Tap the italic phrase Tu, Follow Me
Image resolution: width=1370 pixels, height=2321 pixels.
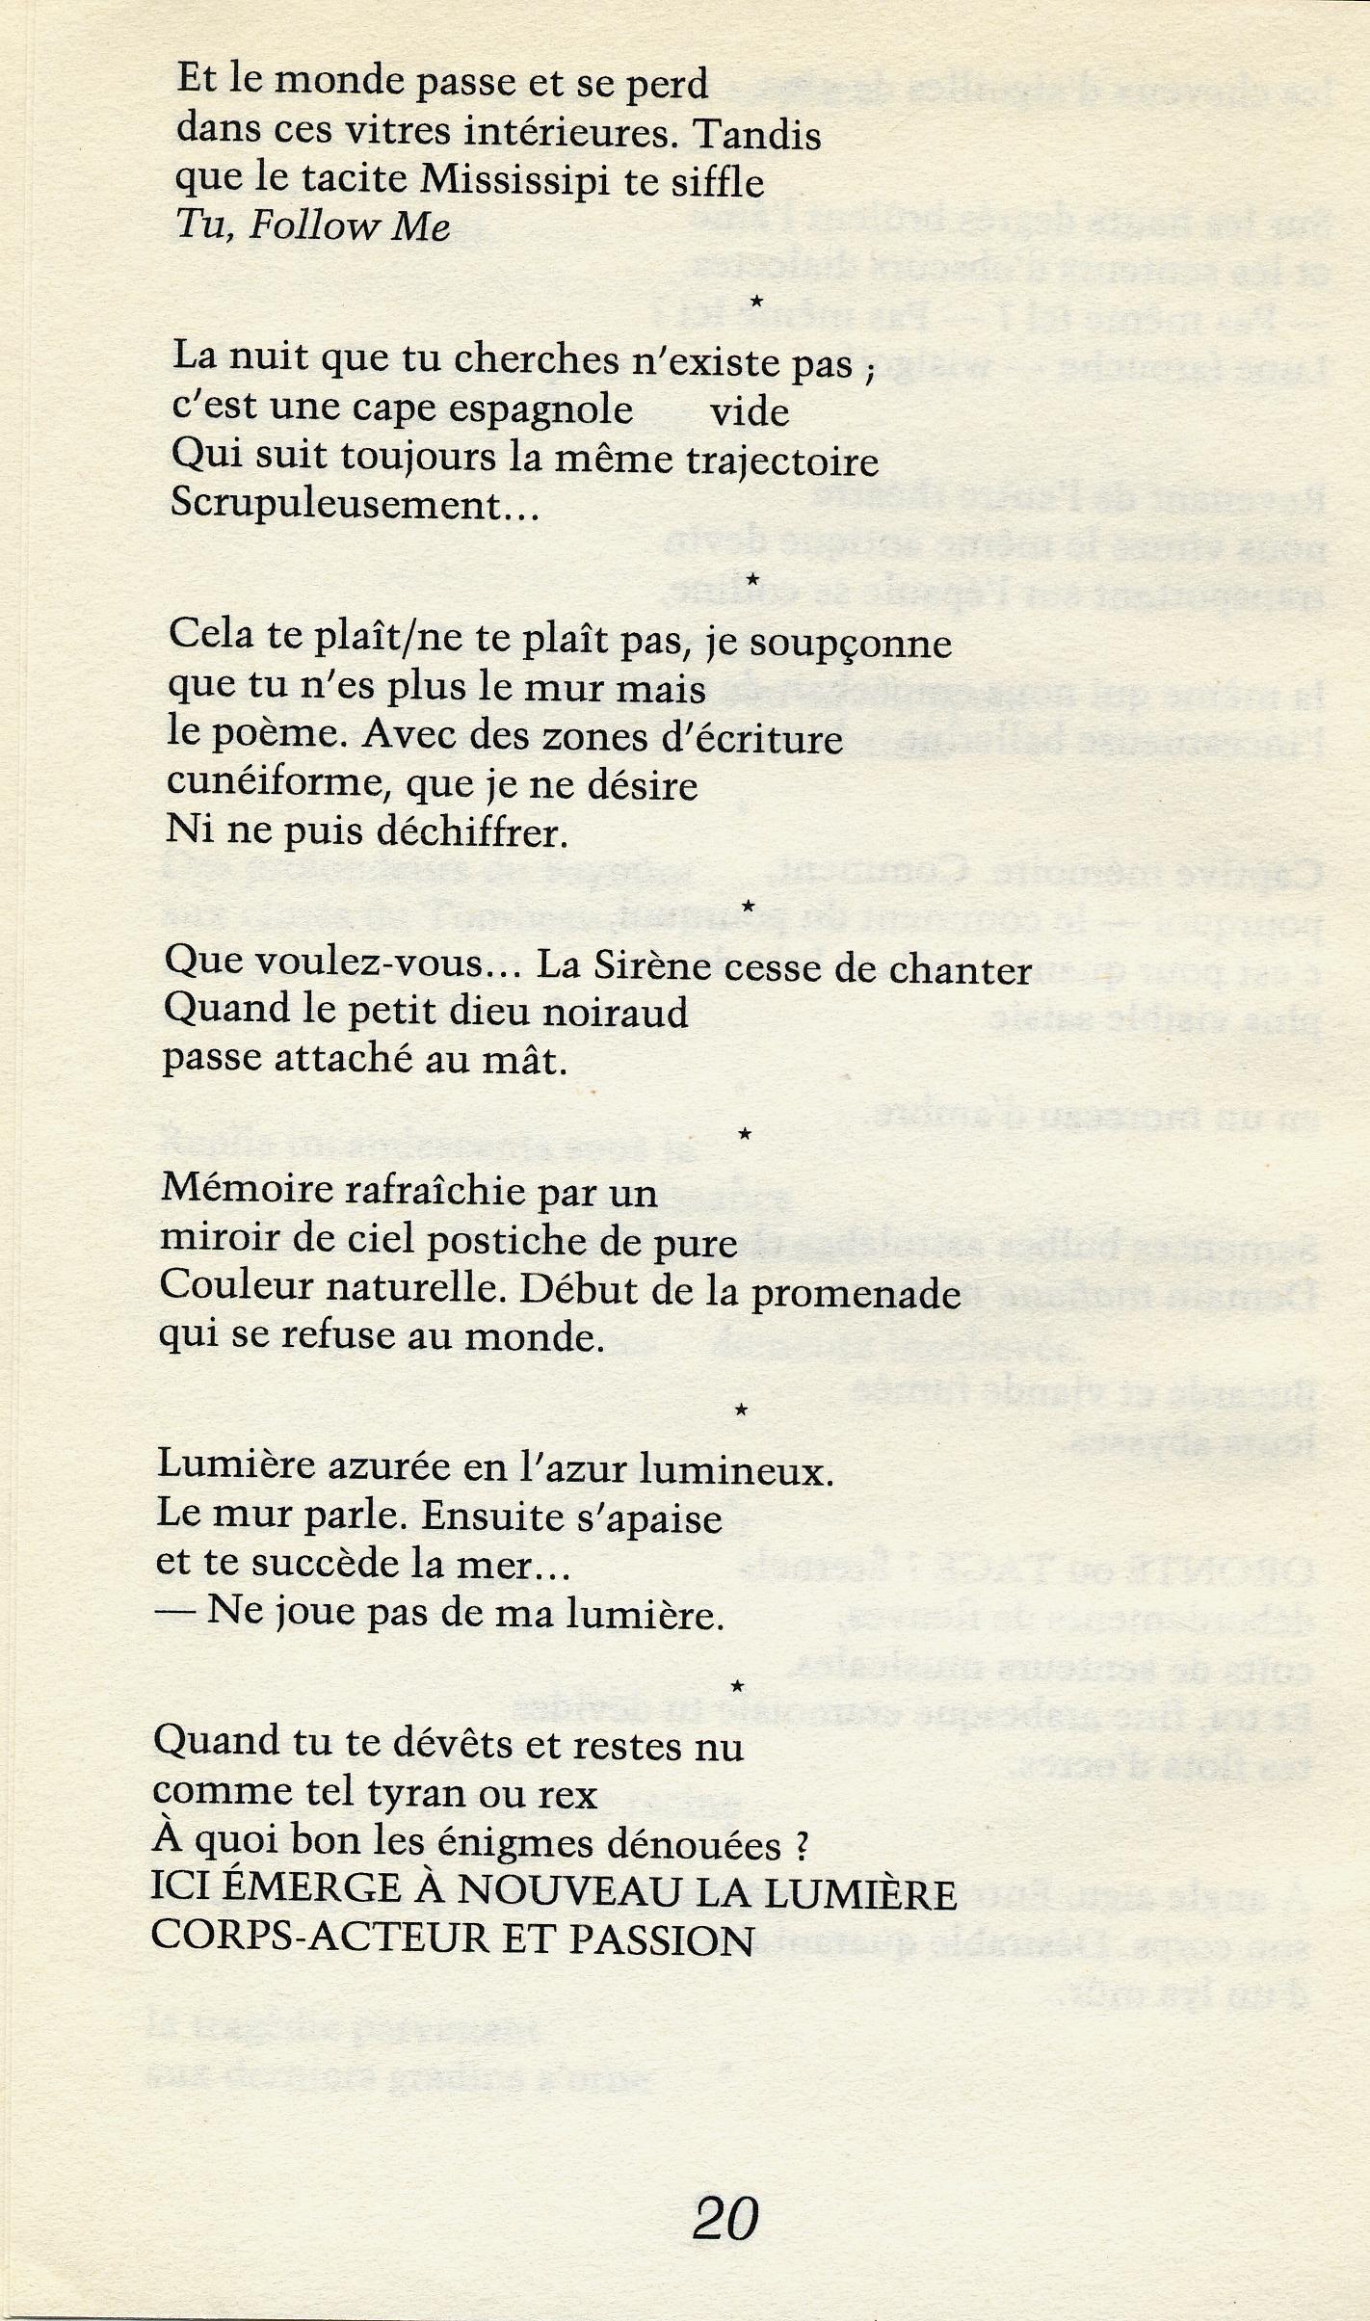(x=312, y=226)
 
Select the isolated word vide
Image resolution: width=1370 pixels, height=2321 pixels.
(x=750, y=413)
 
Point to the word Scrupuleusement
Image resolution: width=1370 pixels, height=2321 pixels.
(x=337, y=504)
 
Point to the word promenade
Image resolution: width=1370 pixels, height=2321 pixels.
(x=856, y=1293)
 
